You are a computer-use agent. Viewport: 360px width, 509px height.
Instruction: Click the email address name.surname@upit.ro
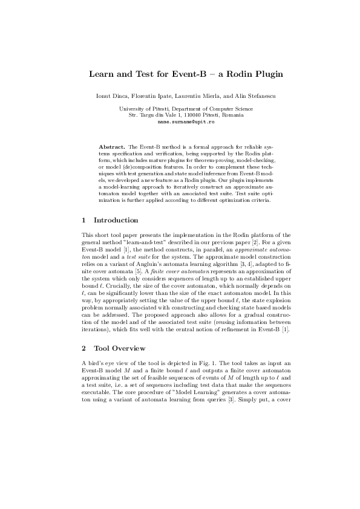tap(180, 122)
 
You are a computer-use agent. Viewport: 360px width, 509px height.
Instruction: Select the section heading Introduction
tap(116, 220)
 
